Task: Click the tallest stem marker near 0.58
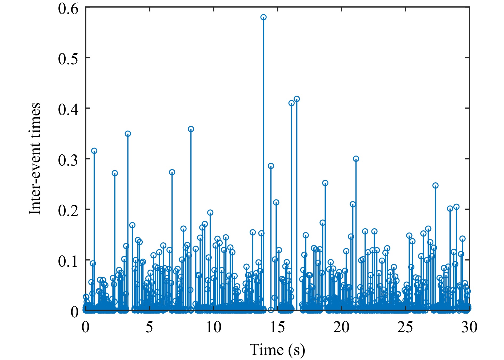pyautogui.click(x=263, y=17)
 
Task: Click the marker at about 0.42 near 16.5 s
pyautogui.click(x=297, y=99)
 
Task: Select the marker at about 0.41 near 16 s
pyautogui.click(x=291, y=103)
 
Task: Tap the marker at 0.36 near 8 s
pyautogui.click(x=191, y=129)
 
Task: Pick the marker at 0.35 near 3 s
pyautogui.click(x=128, y=134)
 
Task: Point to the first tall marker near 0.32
pyautogui.click(x=94, y=151)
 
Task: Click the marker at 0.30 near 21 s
pyautogui.click(x=356, y=159)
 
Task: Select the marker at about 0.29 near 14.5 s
pyautogui.click(x=271, y=166)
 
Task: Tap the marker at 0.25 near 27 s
pyautogui.click(x=435, y=186)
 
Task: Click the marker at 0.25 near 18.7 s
pyautogui.click(x=325, y=183)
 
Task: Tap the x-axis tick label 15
pyautogui.click(x=278, y=327)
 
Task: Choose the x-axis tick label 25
pyautogui.click(x=405, y=327)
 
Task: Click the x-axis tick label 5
pyautogui.click(x=150, y=327)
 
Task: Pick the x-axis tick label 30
pyautogui.click(x=469, y=327)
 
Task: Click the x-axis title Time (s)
pyautogui.click(x=277, y=350)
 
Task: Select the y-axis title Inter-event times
pyautogui.click(x=35, y=159)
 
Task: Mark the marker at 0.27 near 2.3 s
pyautogui.click(x=115, y=173)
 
